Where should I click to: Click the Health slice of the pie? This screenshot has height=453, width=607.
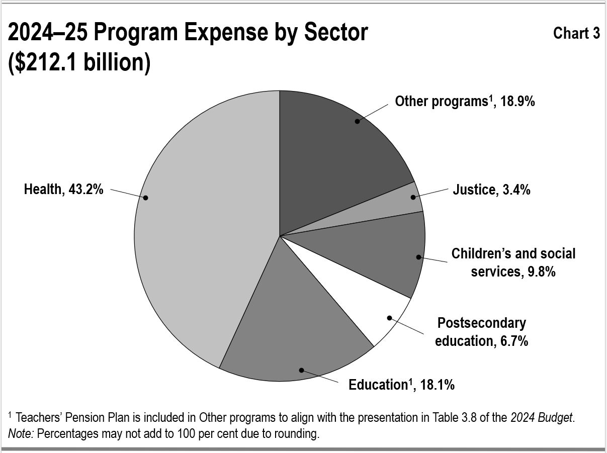pos(201,226)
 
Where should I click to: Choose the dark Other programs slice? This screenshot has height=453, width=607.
pos(342,151)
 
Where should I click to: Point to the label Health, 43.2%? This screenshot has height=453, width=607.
pos(64,190)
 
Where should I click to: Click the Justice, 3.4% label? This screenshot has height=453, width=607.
pos(491,190)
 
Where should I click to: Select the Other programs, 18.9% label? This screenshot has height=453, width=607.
pos(465,102)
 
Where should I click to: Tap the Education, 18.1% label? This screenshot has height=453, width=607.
pos(401,385)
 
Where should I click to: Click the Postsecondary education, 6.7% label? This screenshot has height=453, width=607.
pos(481,331)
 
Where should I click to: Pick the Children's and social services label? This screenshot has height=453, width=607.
pos(513,262)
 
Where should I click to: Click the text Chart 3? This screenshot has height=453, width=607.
pos(576,33)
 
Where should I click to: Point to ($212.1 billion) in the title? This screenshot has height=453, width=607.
pos(79,63)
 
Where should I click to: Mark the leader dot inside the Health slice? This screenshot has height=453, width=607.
pos(145,198)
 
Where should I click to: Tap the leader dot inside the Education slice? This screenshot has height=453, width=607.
pos(301,370)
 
